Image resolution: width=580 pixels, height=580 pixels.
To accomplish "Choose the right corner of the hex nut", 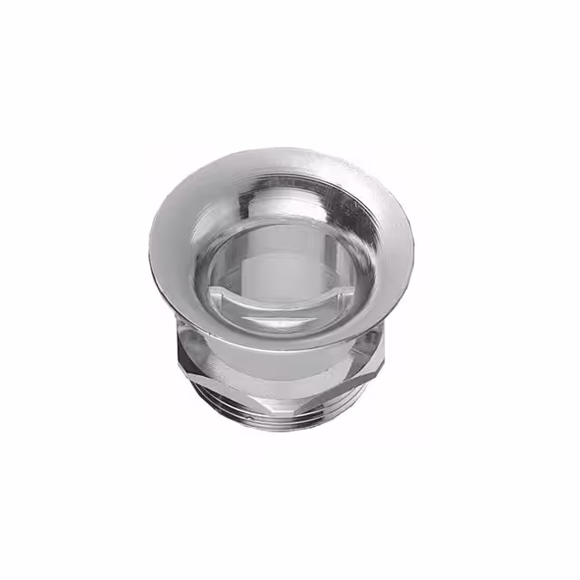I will tap(382, 349).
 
